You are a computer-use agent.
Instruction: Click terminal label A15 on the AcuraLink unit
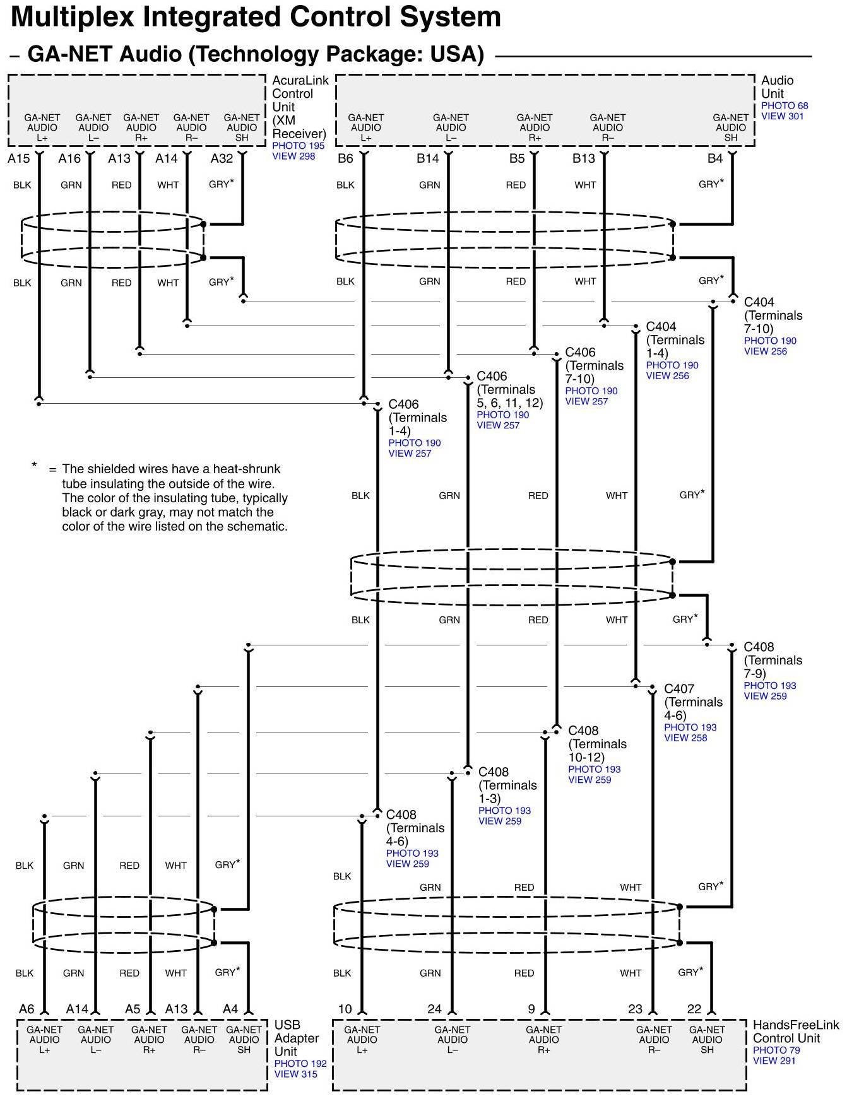pyautogui.click(x=18, y=158)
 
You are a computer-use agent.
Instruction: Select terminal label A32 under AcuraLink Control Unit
pyautogui.click(x=222, y=158)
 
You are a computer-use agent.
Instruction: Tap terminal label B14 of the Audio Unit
pyautogui.click(x=427, y=158)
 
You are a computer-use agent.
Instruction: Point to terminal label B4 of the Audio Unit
pyautogui.click(x=714, y=158)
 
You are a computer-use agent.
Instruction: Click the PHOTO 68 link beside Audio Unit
pyautogui.click(x=785, y=106)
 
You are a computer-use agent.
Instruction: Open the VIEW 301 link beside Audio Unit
pyautogui.click(x=782, y=116)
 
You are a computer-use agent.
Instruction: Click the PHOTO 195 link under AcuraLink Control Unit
pyautogui.click(x=298, y=146)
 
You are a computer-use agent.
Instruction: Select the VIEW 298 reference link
pyautogui.click(x=293, y=156)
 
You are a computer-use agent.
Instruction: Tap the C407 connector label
pyautogui.click(x=679, y=689)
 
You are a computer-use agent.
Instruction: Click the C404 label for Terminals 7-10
pyautogui.click(x=759, y=302)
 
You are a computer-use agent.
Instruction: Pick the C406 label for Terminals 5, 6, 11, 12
pyautogui.click(x=492, y=376)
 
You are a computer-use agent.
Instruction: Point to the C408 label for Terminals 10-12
pyautogui.click(x=583, y=731)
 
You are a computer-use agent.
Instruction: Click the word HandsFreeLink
pyautogui.click(x=796, y=1025)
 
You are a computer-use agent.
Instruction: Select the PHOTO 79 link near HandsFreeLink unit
pyautogui.click(x=776, y=1050)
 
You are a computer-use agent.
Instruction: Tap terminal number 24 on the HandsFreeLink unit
pyautogui.click(x=434, y=1009)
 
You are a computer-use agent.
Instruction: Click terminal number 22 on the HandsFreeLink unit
pyautogui.click(x=694, y=1009)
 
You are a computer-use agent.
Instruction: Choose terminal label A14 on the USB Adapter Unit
pyautogui.click(x=77, y=1009)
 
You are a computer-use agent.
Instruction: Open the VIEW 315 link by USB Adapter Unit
pyautogui.click(x=295, y=1074)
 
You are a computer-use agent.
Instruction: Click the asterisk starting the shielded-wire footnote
pyautogui.click(x=34, y=466)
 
